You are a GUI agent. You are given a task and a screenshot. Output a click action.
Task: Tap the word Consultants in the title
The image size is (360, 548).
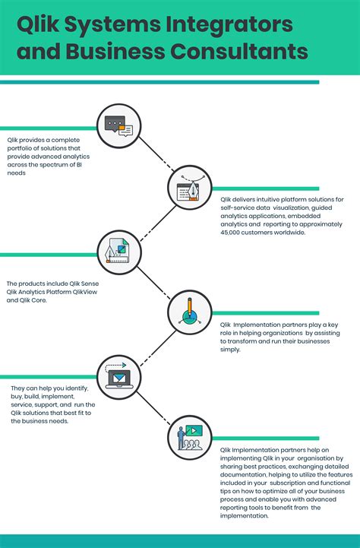[239, 51]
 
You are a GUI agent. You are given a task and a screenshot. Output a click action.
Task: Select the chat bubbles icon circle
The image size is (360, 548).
[118, 126]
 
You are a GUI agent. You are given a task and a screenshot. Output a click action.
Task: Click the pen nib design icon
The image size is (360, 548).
[190, 188]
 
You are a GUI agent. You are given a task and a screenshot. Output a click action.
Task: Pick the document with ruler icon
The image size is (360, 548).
[118, 252]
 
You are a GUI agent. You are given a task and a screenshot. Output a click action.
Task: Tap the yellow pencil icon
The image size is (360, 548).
[190, 312]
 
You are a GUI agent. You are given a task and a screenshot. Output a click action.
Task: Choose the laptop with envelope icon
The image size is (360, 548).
[118, 378]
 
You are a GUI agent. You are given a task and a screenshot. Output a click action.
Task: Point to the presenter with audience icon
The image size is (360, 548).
[190, 438]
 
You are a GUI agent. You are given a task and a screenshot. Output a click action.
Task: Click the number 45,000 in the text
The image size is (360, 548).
[230, 233]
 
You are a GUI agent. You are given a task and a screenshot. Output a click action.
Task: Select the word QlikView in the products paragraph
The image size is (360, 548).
[85, 292]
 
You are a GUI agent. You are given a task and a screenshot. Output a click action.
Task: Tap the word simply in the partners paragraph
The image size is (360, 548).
[230, 350]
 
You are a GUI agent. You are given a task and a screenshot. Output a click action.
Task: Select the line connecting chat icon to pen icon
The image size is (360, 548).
[156, 154]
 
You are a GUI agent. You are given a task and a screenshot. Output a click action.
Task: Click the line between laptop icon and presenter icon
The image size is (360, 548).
[153, 408]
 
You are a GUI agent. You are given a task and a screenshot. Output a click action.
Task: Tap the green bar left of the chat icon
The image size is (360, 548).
[49, 128]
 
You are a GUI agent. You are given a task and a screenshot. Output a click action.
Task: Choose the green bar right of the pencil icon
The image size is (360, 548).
[265, 313]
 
